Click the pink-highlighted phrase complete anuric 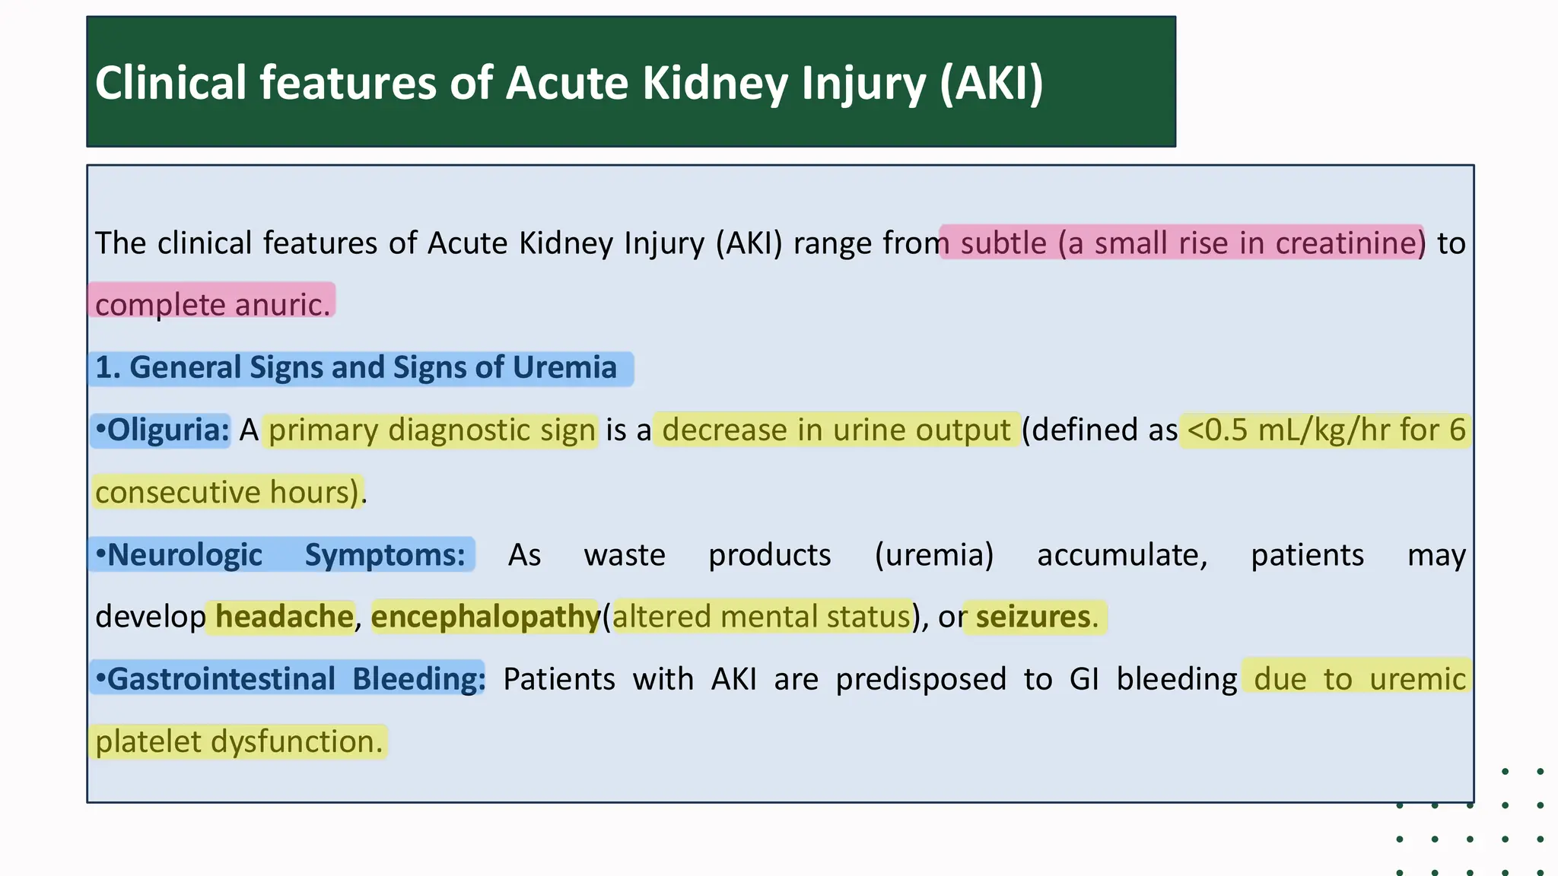click(x=212, y=304)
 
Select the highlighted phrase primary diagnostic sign click(x=431, y=430)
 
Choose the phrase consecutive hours click(x=227, y=492)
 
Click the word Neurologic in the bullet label click(x=185, y=555)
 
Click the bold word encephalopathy click(x=485, y=617)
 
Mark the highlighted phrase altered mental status click(x=762, y=617)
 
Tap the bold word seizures click(x=1032, y=617)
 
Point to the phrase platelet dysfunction click(x=239, y=741)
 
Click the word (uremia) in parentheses click(x=934, y=555)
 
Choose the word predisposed click(x=920, y=679)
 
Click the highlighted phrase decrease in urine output click(x=836, y=430)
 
